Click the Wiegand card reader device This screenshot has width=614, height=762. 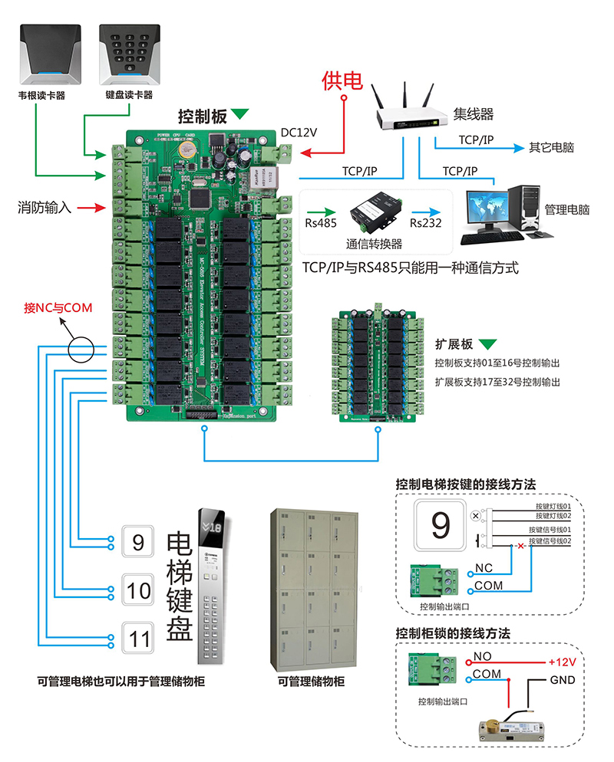[51, 54]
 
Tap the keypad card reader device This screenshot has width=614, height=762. [128, 54]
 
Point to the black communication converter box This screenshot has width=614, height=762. [374, 212]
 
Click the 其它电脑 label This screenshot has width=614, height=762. [551, 147]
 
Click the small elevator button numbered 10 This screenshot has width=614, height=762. [139, 590]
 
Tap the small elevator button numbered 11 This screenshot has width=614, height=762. [139, 639]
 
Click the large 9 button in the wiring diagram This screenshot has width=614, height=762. [441, 526]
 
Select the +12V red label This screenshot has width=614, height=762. [561, 661]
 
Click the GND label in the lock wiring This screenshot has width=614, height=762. [562, 681]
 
